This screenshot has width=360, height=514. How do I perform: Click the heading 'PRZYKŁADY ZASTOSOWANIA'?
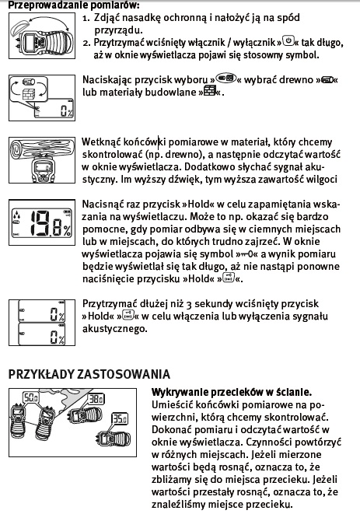point(89,374)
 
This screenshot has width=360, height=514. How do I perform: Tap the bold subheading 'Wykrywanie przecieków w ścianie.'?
point(231,392)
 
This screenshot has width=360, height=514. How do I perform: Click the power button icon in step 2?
point(288,41)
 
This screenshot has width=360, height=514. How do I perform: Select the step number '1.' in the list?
point(86,18)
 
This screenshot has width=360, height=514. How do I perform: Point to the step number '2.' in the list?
point(86,43)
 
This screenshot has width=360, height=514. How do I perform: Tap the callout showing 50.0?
point(31,397)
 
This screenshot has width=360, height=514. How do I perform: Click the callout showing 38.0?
point(96,399)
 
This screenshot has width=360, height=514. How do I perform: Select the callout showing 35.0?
point(120,418)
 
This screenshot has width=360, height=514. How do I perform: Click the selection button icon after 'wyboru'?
point(226,78)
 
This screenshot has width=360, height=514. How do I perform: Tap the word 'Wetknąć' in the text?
point(101,142)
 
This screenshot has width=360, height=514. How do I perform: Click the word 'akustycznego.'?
point(115,329)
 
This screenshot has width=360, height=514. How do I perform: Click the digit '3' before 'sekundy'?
point(188,305)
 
